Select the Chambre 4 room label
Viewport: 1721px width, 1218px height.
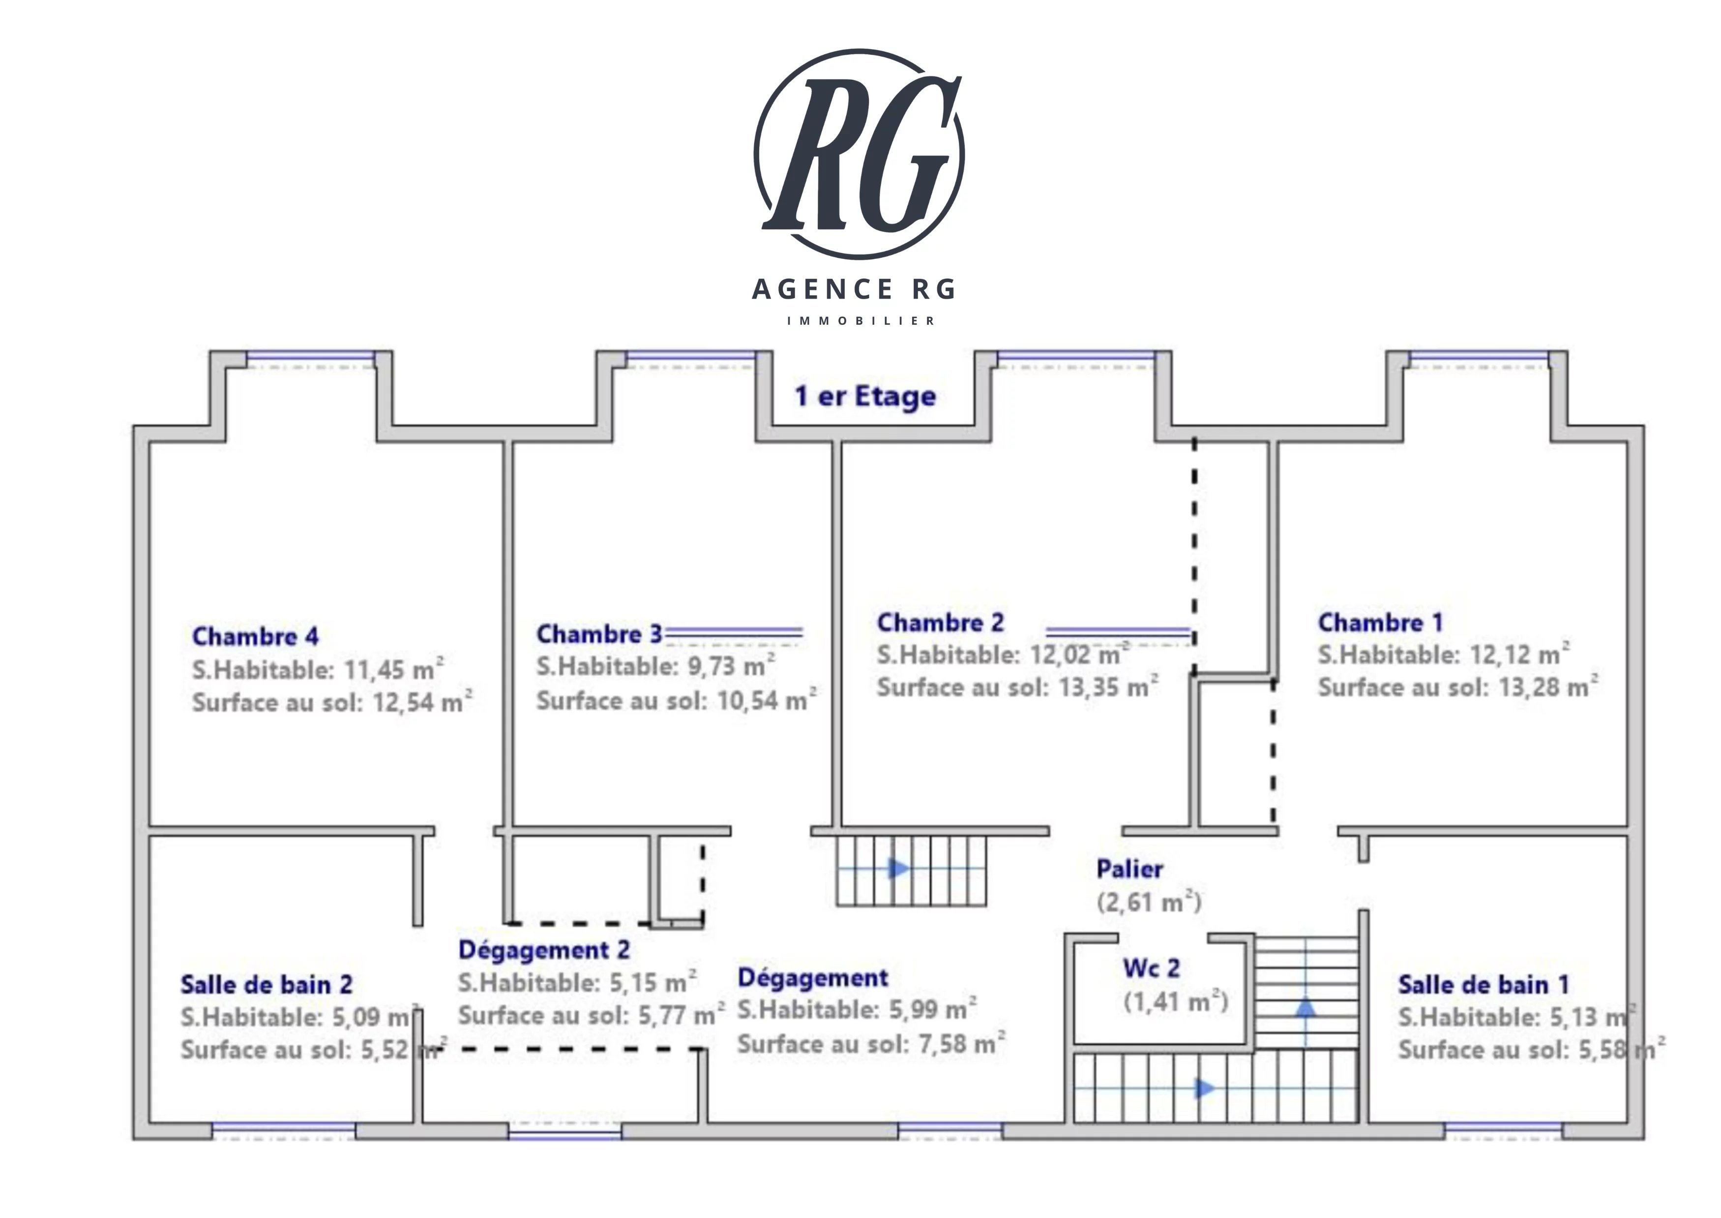255,637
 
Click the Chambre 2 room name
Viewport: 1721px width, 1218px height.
940,623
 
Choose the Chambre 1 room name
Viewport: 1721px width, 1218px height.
1380,623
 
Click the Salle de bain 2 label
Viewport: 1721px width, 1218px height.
266,984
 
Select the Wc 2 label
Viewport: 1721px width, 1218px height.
1151,968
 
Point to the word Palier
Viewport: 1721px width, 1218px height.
1129,869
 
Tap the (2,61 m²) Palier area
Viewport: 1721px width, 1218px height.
1148,902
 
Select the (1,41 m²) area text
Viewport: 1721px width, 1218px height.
1175,1001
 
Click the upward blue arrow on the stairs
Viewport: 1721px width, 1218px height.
1306,1006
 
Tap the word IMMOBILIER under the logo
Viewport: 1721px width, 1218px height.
860,321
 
